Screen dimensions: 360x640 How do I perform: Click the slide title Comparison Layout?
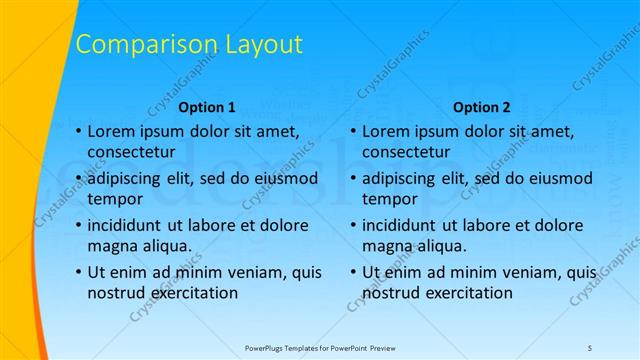point(189,44)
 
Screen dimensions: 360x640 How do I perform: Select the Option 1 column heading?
point(207,106)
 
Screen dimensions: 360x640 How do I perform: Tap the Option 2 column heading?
point(481,106)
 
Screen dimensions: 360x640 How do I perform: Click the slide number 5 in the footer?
point(590,347)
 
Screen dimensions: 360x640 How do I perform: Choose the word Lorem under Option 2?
point(386,131)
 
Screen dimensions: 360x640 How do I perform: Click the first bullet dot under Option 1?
point(78,132)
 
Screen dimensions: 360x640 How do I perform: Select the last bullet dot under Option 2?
point(352,271)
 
